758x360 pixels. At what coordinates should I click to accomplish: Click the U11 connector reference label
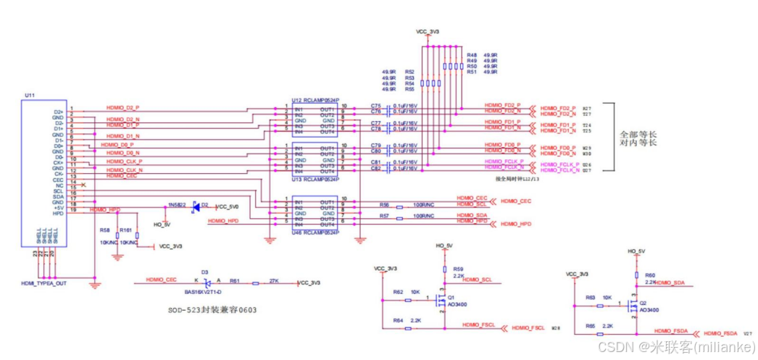point(30,95)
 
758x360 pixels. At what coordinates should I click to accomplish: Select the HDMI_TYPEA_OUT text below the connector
point(43,283)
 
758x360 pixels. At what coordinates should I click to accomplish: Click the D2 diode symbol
point(195,206)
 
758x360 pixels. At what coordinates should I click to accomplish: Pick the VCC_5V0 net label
point(228,206)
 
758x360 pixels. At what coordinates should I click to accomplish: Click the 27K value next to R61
point(275,280)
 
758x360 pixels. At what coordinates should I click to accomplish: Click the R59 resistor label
point(458,269)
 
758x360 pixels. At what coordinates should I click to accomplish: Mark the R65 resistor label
point(591,327)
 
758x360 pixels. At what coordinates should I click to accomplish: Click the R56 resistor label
point(384,205)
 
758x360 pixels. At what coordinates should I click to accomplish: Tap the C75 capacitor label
point(376,106)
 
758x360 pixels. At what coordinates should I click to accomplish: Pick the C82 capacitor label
point(376,168)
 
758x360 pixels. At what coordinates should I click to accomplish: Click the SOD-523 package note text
point(209,310)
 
